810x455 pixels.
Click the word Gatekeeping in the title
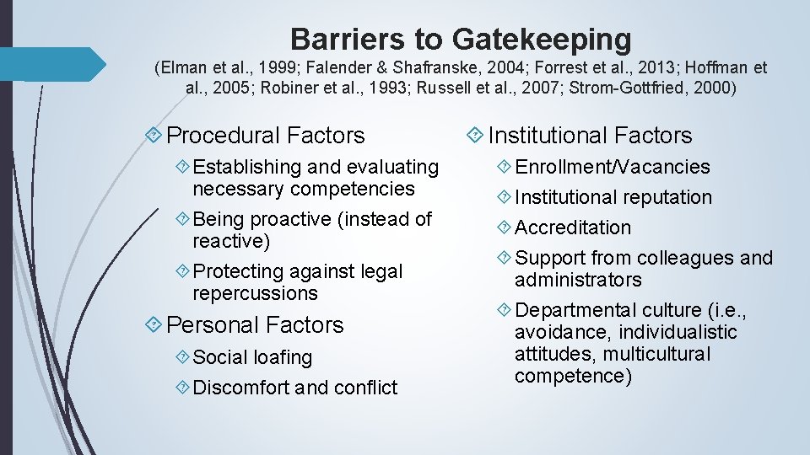coord(542,39)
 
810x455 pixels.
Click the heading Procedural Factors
coord(266,135)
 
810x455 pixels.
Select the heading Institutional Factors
coord(590,135)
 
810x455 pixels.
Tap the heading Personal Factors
coord(255,324)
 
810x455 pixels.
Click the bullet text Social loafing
coord(252,357)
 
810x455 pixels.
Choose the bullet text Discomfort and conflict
coord(295,388)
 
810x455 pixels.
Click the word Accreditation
coord(573,227)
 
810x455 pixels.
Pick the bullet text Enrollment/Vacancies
coord(613,167)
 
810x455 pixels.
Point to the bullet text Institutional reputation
coord(613,197)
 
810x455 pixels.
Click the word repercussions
coord(255,293)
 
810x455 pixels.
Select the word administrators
coord(578,280)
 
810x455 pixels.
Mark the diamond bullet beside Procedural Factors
coord(154,135)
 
